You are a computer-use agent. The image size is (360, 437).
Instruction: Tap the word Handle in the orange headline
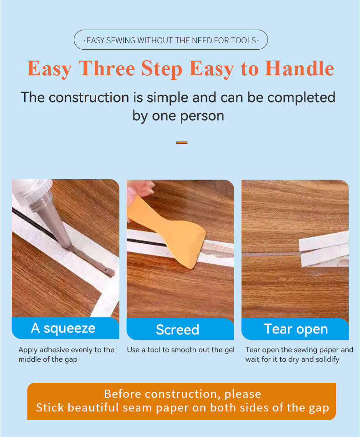299,68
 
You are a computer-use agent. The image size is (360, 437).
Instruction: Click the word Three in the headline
107,68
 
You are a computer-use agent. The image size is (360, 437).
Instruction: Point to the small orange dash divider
182,143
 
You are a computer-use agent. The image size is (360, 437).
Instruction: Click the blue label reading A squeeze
66,328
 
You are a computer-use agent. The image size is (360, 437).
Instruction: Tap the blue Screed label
180,329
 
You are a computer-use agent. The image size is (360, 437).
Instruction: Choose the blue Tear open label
295,329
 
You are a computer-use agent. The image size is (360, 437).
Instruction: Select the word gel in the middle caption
229,350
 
